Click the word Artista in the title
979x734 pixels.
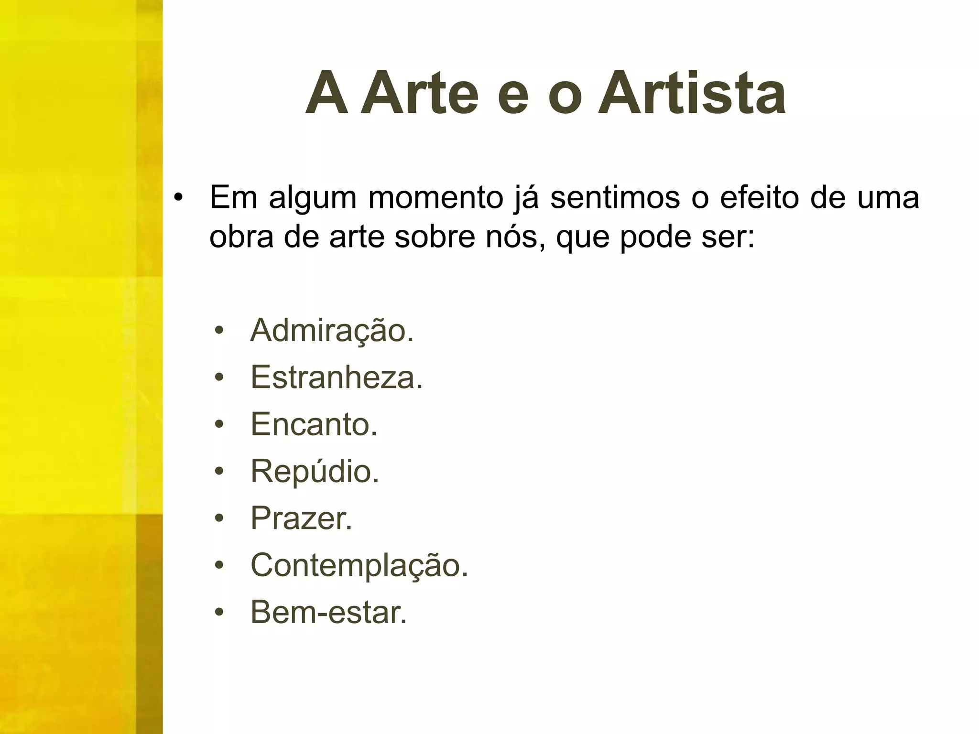point(691,93)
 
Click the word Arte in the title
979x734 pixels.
point(419,93)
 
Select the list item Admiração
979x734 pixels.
point(332,330)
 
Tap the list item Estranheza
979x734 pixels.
point(337,377)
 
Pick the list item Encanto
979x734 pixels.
point(314,424)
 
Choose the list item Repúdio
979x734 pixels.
point(315,471)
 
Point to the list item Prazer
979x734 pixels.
point(301,518)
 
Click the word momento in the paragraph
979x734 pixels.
point(435,198)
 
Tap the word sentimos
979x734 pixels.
point(615,198)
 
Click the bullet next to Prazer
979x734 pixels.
point(219,519)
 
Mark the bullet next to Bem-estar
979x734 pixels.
point(219,613)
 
